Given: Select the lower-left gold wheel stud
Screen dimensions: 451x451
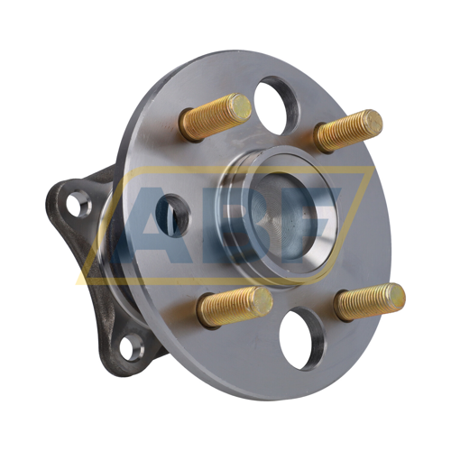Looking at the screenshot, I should tap(234, 306).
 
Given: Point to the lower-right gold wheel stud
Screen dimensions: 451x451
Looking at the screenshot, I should tap(369, 302).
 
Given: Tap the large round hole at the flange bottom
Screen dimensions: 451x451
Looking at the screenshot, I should tap(301, 337).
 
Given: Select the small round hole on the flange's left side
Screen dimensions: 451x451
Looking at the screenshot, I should tap(172, 215).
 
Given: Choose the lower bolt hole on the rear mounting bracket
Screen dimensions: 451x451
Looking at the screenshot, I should tap(133, 345).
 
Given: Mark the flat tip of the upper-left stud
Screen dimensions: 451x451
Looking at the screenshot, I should tap(240, 108).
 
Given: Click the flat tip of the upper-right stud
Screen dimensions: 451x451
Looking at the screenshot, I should tap(372, 123).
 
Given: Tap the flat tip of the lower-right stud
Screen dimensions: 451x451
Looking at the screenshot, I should tap(394, 296).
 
